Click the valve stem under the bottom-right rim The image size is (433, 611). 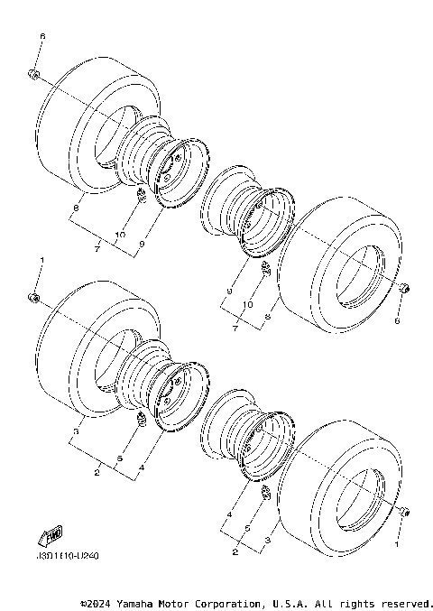pos(266,493)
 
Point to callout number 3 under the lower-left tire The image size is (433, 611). pos(76,432)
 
